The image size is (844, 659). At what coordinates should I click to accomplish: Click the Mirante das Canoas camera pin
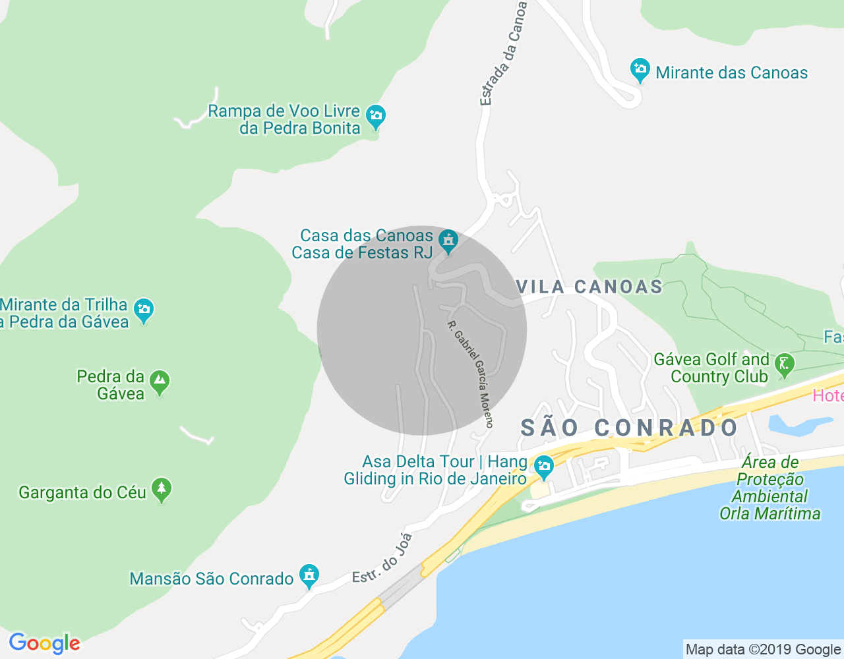(x=640, y=70)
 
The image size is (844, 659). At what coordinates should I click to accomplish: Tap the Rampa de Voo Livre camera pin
(x=375, y=117)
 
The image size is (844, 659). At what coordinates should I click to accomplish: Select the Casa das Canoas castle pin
(x=448, y=241)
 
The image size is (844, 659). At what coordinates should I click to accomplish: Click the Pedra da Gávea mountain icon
(x=159, y=382)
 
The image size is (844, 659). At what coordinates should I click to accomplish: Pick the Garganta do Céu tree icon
(x=162, y=490)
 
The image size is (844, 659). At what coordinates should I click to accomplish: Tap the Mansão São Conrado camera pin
(x=309, y=575)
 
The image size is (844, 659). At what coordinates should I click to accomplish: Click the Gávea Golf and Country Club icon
(x=784, y=364)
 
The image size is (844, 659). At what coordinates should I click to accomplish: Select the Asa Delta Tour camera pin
(x=543, y=467)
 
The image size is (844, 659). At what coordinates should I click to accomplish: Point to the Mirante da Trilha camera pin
(x=143, y=310)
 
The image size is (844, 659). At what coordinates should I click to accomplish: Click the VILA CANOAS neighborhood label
(x=589, y=287)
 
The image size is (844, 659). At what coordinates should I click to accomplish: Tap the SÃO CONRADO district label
(x=629, y=428)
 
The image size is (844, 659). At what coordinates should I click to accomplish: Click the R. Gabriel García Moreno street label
(x=470, y=374)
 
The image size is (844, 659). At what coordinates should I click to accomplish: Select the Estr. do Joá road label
(x=382, y=558)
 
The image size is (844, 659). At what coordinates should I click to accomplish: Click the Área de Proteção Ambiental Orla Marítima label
(x=769, y=488)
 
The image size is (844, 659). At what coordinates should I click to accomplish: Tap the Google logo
(x=44, y=643)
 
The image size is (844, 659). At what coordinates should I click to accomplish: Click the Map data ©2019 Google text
(x=763, y=650)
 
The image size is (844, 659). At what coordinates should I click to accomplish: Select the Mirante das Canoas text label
(x=731, y=72)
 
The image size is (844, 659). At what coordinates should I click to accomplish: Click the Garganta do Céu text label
(x=82, y=492)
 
